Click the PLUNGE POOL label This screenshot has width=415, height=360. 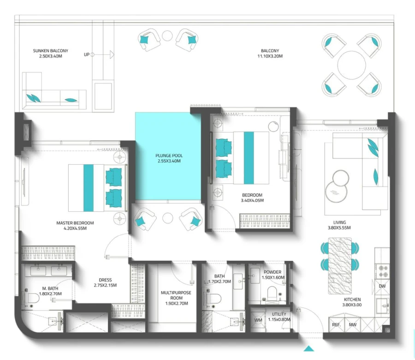[x=168, y=156]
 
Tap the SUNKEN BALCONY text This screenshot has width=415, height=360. [x=50, y=51]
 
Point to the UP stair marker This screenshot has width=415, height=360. [x=87, y=54]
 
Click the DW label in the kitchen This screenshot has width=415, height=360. [x=382, y=286]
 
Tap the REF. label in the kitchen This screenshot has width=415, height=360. [x=337, y=325]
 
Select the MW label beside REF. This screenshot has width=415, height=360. [x=353, y=325]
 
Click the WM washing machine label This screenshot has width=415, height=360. [x=258, y=319]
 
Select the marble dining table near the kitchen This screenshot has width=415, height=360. [x=340, y=266]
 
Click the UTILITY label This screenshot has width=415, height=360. [x=279, y=314]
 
